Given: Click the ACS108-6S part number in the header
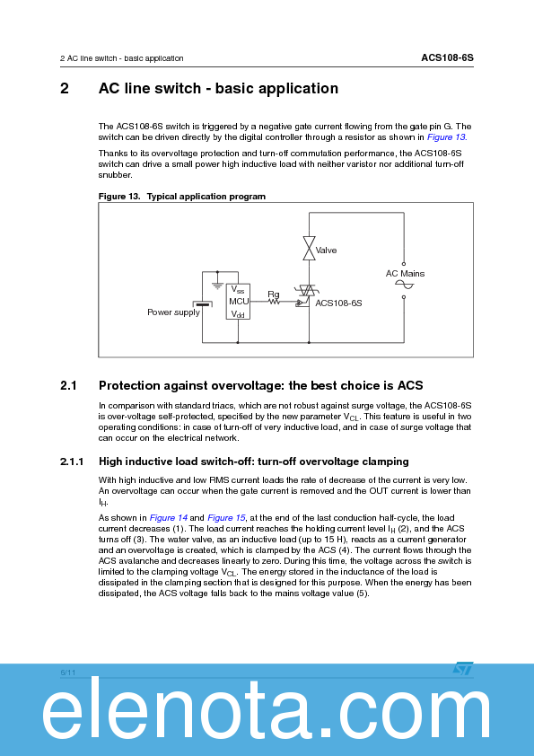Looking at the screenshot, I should coord(447,57).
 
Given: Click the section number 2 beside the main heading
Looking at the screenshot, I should coord(65,89).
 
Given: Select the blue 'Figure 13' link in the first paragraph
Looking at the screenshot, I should coord(445,137).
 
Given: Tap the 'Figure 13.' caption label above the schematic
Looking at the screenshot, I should coord(120,196).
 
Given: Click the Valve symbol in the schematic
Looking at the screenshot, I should coord(309,249).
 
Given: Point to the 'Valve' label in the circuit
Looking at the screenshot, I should coord(327,251).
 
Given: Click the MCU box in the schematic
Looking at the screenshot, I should coord(238,302).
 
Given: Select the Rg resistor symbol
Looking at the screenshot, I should coord(275,303).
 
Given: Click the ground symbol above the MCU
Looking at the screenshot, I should coord(216,286).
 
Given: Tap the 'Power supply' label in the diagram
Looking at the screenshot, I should coord(173,312).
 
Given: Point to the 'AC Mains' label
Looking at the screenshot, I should coord(405,274).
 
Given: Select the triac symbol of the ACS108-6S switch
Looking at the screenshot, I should coord(309,293).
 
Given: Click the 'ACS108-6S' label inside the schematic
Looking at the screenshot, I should coord(338,303).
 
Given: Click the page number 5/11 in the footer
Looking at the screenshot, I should coord(67,672).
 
